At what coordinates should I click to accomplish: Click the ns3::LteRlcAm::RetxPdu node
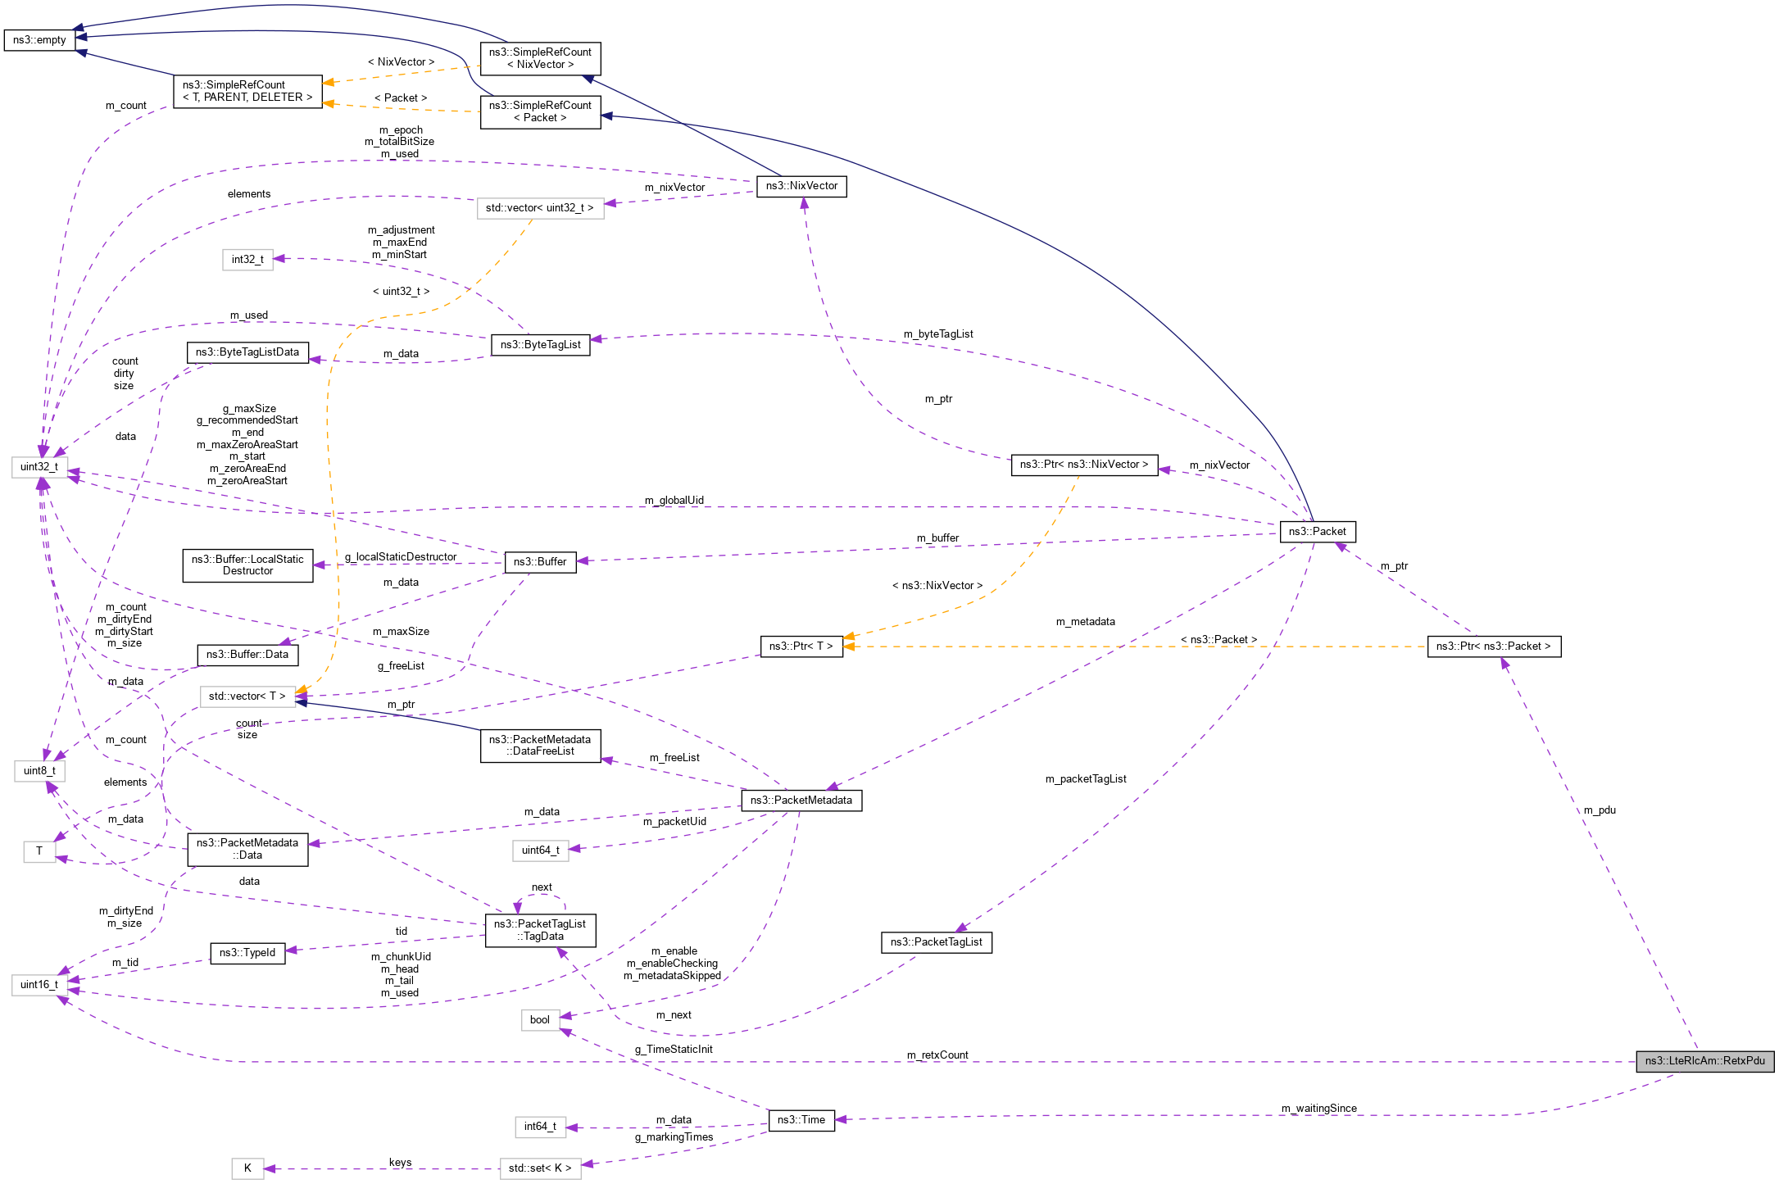tap(1704, 1060)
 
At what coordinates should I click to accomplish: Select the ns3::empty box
tap(39, 39)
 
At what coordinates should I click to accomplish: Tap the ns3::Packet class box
tap(1317, 531)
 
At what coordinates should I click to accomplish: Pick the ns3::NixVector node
tap(801, 186)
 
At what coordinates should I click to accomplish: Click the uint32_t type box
tap(39, 466)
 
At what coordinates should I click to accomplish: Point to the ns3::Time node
tap(801, 1119)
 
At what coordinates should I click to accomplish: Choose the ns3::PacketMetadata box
tap(801, 800)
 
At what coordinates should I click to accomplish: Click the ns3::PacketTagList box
tap(936, 941)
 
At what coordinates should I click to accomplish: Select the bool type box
tap(540, 1019)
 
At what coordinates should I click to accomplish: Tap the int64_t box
tap(540, 1127)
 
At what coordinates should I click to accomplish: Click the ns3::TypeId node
tap(247, 953)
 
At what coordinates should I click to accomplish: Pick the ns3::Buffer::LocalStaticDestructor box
tap(247, 565)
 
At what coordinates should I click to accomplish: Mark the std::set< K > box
tap(540, 1168)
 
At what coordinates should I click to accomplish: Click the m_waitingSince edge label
tap(1319, 1109)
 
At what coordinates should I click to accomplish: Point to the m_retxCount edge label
tap(937, 1055)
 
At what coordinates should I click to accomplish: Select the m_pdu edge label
tap(1600, 810)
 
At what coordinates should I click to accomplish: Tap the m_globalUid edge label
tap(674, 500)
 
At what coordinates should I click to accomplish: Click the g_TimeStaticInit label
tap(674, 1049)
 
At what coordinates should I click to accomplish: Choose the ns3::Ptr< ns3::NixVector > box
tap(1084, 465)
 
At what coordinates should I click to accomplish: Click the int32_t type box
tap(247, 260)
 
